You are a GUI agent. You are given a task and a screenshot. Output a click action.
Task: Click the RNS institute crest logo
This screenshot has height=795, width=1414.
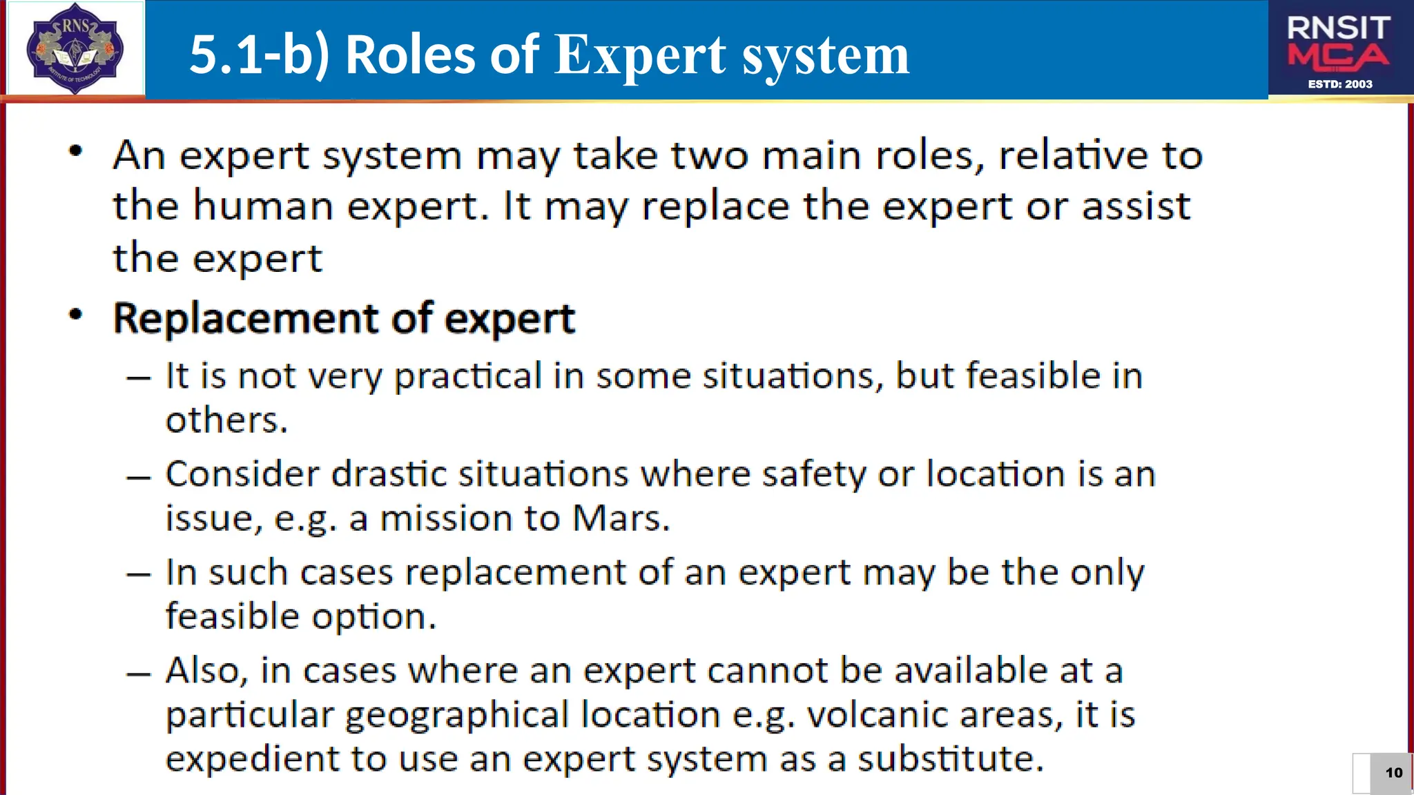coord(75,48)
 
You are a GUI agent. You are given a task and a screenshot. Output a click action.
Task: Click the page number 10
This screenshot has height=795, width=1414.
coord(1394,773)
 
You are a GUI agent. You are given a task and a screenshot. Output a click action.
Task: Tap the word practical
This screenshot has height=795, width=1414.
coord(467,377)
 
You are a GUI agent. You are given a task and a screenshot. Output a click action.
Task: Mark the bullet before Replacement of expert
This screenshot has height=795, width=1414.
coord(76,315)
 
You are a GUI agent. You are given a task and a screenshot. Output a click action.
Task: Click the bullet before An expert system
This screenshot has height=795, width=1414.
coord(76,151)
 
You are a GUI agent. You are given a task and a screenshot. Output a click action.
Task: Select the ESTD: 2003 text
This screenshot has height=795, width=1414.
coord(1340,84)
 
